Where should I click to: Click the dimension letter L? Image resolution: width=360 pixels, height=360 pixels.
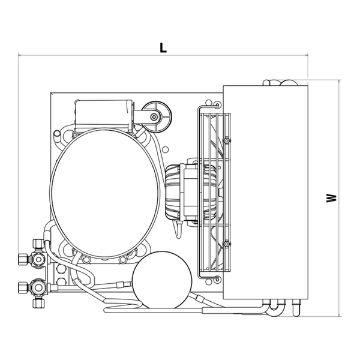[163, 48]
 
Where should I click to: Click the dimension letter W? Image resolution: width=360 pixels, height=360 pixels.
[331, 198]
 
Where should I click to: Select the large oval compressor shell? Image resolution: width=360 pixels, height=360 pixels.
[104, 193]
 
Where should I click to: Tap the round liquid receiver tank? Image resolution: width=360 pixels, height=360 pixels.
[162, 280]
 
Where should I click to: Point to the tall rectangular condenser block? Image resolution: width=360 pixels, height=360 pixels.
[265, 193]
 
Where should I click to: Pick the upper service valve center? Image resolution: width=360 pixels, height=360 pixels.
[38, 259]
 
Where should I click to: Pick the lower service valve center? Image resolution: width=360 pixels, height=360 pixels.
[38, 287]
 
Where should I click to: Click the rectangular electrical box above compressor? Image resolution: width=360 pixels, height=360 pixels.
[104, 113]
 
